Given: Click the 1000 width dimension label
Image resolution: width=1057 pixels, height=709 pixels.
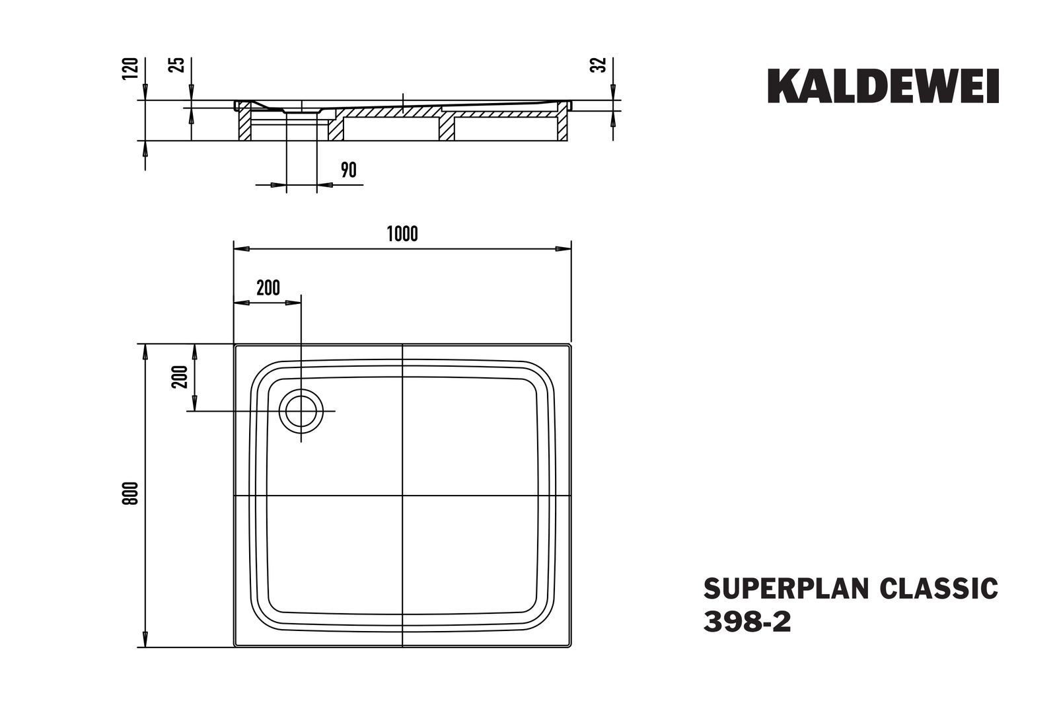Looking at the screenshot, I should [x=402, y=234].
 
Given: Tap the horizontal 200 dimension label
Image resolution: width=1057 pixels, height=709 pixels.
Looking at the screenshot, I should [x=268, y=288].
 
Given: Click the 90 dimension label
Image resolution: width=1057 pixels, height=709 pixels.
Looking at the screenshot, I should [x=348, y=170].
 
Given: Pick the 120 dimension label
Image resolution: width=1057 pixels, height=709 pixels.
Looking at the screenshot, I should [x=132, y=69].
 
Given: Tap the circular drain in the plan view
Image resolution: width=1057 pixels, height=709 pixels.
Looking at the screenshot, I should [x=301, y=410].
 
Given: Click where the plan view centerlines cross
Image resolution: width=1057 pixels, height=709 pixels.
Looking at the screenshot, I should [x=403, y=496].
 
